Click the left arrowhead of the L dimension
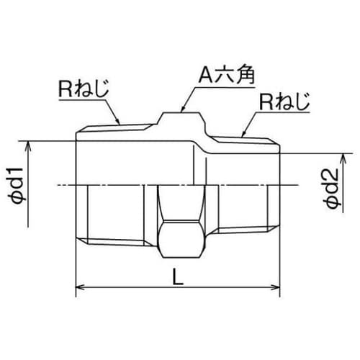pos(79,289)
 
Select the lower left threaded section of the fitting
pos(115,216)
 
